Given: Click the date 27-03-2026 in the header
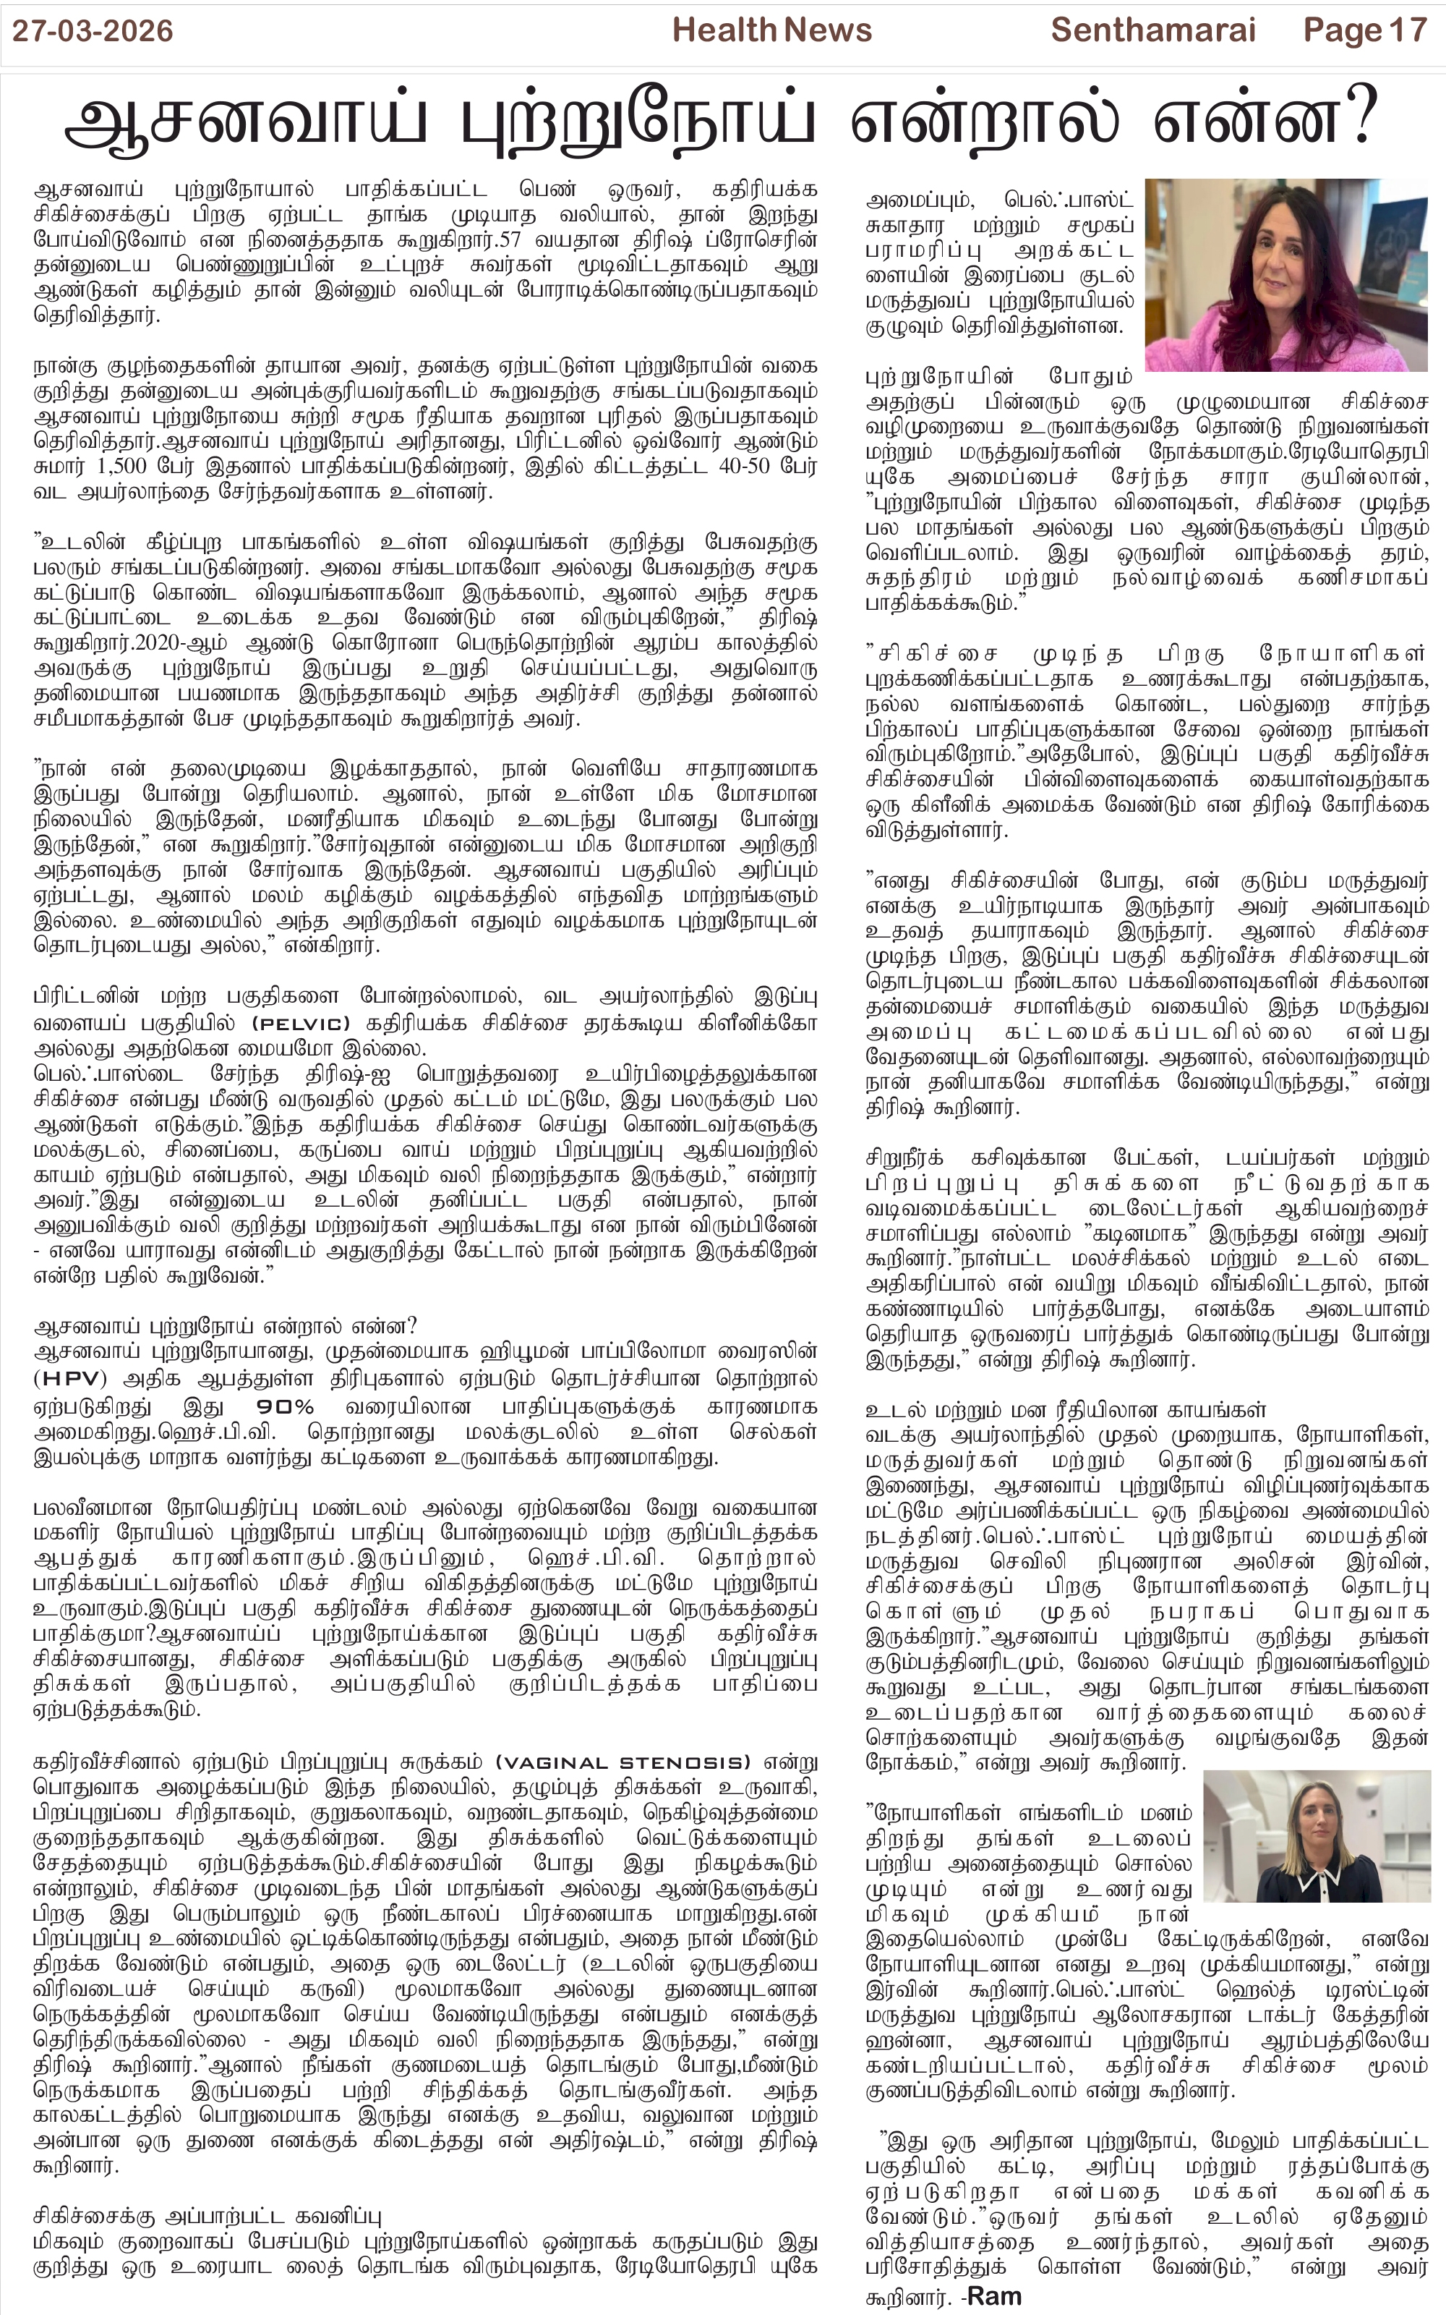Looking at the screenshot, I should click(x=93, y=32).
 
